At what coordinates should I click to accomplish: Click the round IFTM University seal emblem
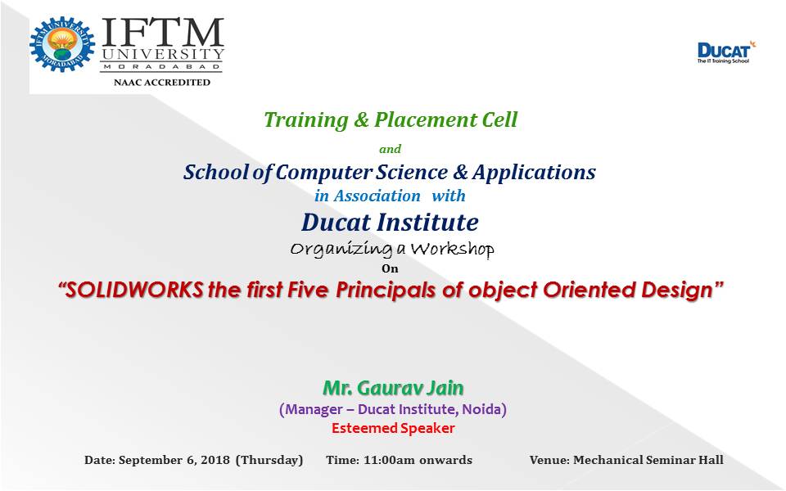click(62, 44)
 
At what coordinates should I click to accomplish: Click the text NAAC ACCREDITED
click(162, 82)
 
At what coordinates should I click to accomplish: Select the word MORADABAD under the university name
click(162, 66)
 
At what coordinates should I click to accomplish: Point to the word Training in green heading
click(305, 120)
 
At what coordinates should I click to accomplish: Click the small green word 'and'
click(390, 149)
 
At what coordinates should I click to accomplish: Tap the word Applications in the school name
click(534, 173)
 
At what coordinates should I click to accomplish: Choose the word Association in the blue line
click(377, 196)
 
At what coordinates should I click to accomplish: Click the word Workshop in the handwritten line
click(452, 249)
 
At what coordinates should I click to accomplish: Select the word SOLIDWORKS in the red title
click(134, 290)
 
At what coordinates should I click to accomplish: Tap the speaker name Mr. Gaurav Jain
click(393, 388)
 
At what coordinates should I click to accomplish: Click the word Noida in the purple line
click(481, 409)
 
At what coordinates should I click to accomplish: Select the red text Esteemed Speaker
click(393, 428)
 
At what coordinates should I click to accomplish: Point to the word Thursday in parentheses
click(269, 460)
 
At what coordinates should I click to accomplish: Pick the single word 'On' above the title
click(390, 268)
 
